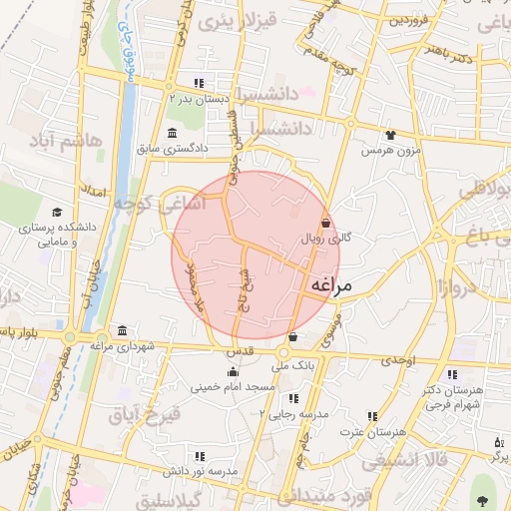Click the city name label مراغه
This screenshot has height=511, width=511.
coord(331,285)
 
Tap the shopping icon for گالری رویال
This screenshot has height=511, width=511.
coord(325,224)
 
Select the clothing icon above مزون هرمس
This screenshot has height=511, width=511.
coord(389,135)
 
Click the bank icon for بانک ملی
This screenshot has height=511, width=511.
coord(292,338)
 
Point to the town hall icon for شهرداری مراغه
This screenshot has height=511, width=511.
coord(122,331)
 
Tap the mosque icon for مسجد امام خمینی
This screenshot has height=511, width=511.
coord(233,372)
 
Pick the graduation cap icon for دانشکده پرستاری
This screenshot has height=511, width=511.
coord(57,213)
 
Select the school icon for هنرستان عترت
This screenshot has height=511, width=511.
coord(373,416)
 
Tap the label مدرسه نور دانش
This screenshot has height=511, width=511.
coord(235,470)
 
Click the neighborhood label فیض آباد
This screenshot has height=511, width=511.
coord(145,412)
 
